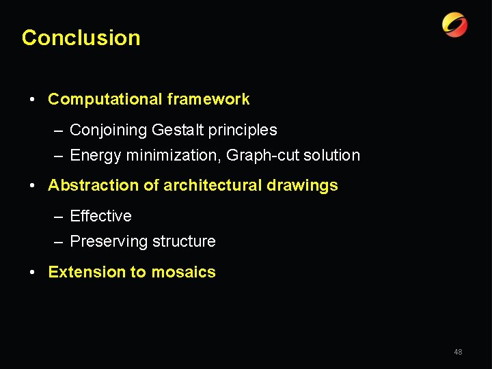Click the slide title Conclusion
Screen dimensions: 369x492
click(x=81, y=38)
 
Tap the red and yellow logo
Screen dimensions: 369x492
click(x=454, y=25)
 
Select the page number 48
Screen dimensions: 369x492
click(x=458, y=352)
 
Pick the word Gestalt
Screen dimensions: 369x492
click(x=178, y=130)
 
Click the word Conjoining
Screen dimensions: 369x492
click(x=109, y=130)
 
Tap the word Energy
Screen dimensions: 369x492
click(x=95, y=156)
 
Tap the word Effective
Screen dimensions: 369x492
click(x=100, y=216)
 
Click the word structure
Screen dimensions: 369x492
click(x=184, y=242)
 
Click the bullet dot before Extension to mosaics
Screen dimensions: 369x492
click(x=33, y=273)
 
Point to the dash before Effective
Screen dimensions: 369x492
click(x=59, y=217)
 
